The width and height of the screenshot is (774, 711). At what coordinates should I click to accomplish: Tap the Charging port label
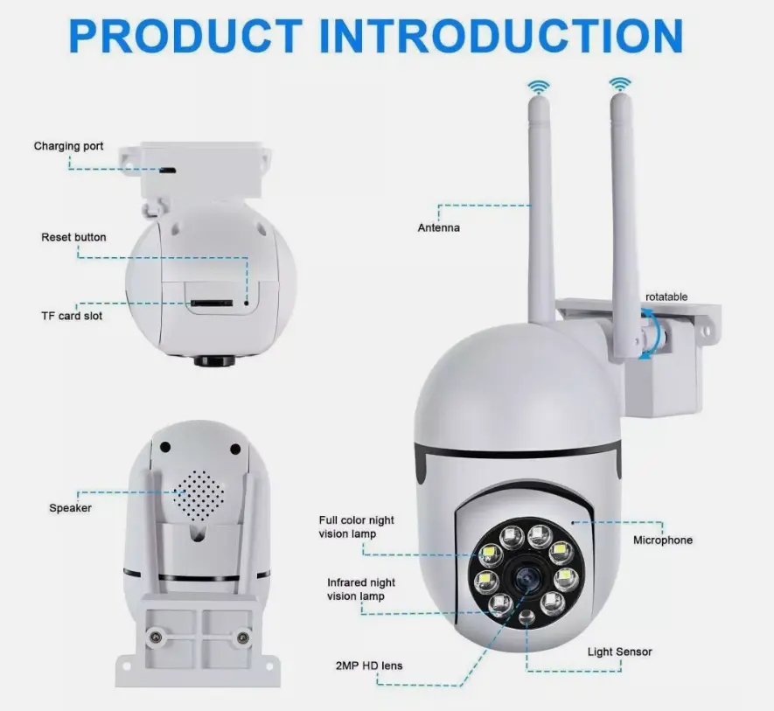(x=68, y=146)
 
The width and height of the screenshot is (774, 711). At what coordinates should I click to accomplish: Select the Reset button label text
(x=73, y=237)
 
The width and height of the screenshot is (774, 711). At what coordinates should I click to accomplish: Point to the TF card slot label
(x=72, y=316)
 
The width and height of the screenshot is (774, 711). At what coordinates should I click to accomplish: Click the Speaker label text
(x=70, y=508)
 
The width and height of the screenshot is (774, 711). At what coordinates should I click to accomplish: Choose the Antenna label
(x=438, y=228)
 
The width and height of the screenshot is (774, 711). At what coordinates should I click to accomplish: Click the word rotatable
(x=666, y=297)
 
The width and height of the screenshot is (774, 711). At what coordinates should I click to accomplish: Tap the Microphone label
(x=662, y=540)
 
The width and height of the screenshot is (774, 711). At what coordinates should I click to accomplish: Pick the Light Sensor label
(x=619, y=652)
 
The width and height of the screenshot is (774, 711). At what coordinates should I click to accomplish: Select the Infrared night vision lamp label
(x=361, y=589)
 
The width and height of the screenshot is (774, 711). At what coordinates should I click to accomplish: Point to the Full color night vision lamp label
(x=356, y=527)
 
